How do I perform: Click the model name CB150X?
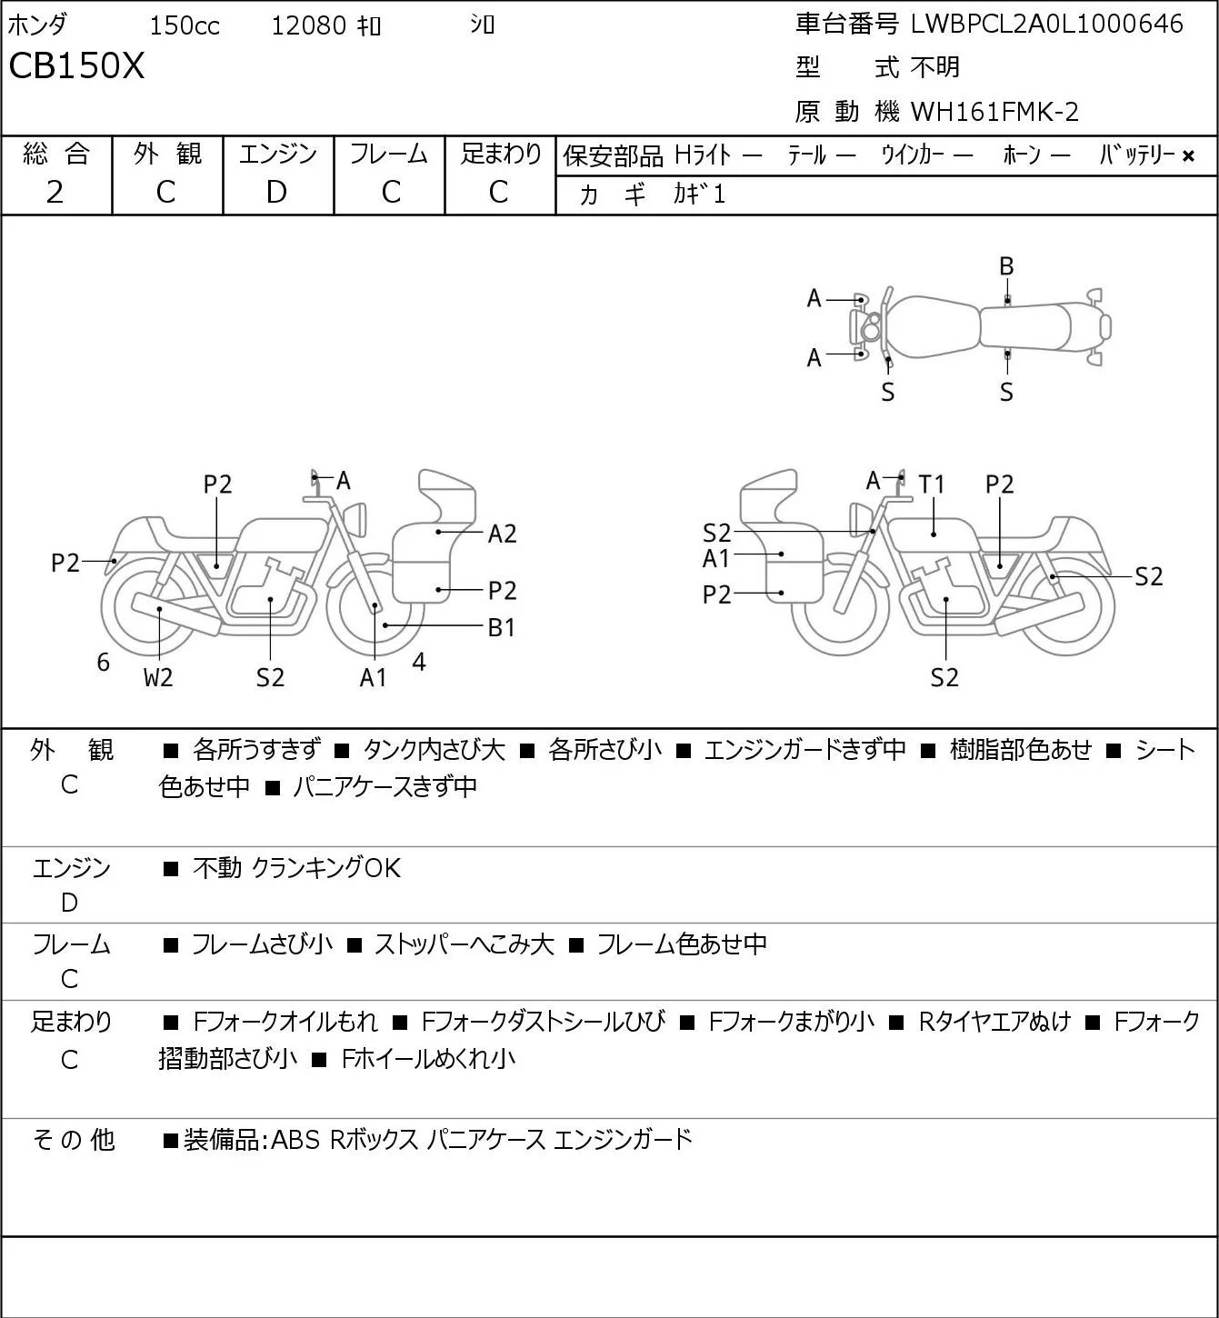tap(76, 65)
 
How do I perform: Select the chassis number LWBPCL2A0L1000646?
tap(1046, 25)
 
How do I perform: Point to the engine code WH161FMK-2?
tap(994, 112)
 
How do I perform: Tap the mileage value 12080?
tap(309, 25)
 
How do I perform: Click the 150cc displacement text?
tap(185, 25)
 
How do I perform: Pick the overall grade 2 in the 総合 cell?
tap(55, 193)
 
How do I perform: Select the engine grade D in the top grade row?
tap(276, 193)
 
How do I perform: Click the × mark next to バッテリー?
tap(1188, 156)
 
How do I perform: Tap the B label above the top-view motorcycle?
tap(1006, 267)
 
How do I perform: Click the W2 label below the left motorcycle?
tap(158, 677)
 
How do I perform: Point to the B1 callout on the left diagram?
tap(501, 627)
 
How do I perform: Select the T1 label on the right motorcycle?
tap(932, 485)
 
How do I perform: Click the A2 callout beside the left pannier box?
tap(502, 534)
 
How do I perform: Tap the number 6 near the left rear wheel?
tap(103, 662)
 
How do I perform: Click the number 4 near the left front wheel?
tap(419, 661)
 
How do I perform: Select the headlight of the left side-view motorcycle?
tap(355, 519)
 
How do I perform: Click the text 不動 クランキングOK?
tap(296, 867)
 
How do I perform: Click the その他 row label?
tap(74, 1140)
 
